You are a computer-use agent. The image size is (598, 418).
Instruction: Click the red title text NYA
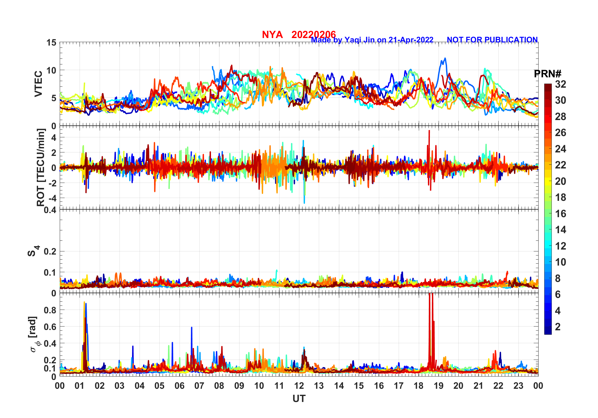point(272,35)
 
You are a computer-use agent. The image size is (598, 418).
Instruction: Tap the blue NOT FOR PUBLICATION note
point(492,40)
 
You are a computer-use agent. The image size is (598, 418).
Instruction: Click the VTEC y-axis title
point(38,84)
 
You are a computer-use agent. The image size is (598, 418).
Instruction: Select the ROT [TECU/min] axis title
point(41,167)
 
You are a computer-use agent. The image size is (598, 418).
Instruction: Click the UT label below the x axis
point(299,399)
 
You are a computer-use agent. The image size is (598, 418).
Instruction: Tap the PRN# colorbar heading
point(547,74)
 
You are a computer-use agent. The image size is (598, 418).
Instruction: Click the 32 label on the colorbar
point(560,84)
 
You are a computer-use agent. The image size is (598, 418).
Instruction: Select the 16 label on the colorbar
point(560,214)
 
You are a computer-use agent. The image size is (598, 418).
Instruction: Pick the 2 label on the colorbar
point(558,327)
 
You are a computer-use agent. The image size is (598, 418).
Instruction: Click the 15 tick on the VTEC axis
point(52,42)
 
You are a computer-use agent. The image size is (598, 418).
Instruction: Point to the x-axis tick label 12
point(299,386)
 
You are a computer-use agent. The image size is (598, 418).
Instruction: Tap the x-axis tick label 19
point(439,386)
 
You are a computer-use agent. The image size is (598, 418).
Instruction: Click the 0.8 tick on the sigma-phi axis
point(50,310)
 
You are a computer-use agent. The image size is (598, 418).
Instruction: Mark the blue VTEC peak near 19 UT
point(445,58)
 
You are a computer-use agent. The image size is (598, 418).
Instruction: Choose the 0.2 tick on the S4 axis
point(50,251)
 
